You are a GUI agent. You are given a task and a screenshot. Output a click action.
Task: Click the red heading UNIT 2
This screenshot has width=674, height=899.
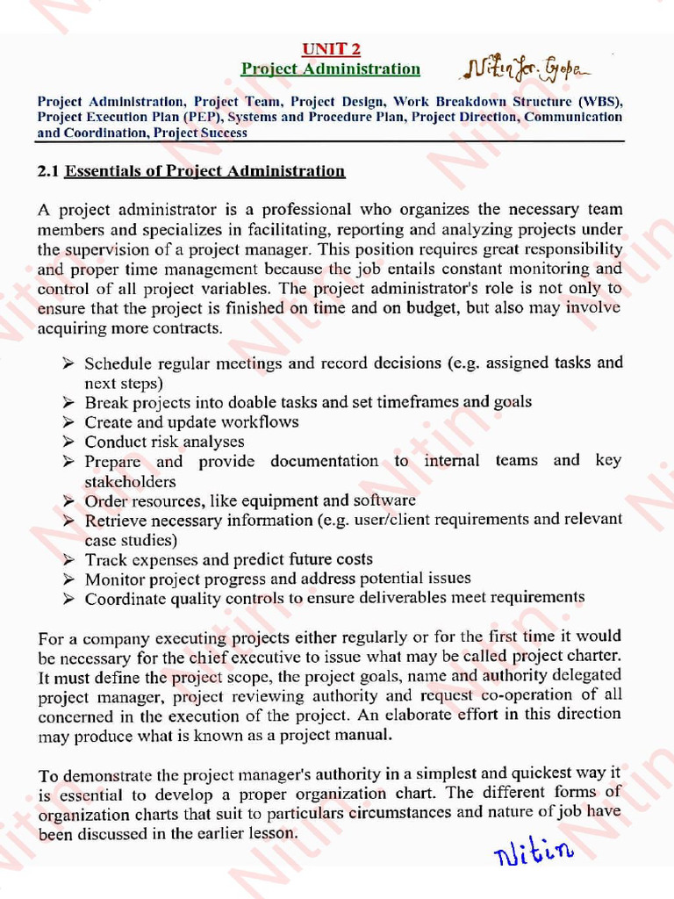331,49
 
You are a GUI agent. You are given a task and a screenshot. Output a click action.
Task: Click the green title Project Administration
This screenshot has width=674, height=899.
331,68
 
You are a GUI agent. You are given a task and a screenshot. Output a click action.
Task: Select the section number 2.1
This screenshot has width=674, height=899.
48,170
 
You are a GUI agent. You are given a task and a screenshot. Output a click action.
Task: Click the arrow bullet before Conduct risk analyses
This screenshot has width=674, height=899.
68,442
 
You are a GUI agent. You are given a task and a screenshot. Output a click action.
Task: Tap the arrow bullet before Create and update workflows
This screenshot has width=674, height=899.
68,421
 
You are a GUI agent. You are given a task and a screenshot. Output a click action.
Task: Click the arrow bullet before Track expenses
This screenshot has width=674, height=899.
68,559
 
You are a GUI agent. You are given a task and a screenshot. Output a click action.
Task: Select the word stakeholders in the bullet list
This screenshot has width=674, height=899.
130,481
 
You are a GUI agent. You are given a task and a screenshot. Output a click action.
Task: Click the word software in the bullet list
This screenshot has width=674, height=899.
384,500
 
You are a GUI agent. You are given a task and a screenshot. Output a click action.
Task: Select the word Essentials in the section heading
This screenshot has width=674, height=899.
102,170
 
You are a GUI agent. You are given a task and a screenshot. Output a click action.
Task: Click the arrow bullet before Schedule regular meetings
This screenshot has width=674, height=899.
68,363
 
